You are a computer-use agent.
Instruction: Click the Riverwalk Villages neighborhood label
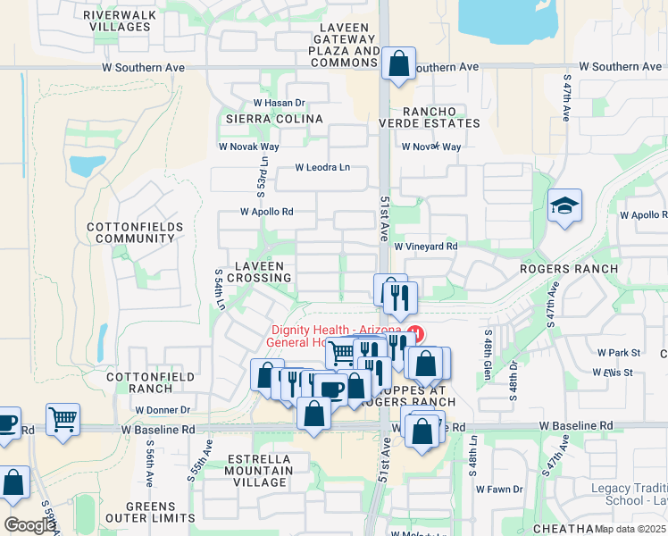(121, 21)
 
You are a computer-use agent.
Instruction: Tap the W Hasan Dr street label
(280, 103)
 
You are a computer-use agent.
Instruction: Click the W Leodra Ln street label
(323, 168)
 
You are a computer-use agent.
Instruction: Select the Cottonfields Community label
(135, 233)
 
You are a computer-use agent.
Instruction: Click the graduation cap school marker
(564, 207)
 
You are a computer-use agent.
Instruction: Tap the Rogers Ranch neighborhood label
(570, 269)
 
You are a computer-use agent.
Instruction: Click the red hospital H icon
(415, 333)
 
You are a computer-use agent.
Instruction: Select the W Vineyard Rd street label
(426, 247)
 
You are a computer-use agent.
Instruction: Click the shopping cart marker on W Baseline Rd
(63, 418)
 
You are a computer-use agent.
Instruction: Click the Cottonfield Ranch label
(138, 382)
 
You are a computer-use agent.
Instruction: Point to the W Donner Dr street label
(163, 410)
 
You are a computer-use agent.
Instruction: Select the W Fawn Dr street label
(498, 490)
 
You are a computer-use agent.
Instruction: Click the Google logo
(29, 525)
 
